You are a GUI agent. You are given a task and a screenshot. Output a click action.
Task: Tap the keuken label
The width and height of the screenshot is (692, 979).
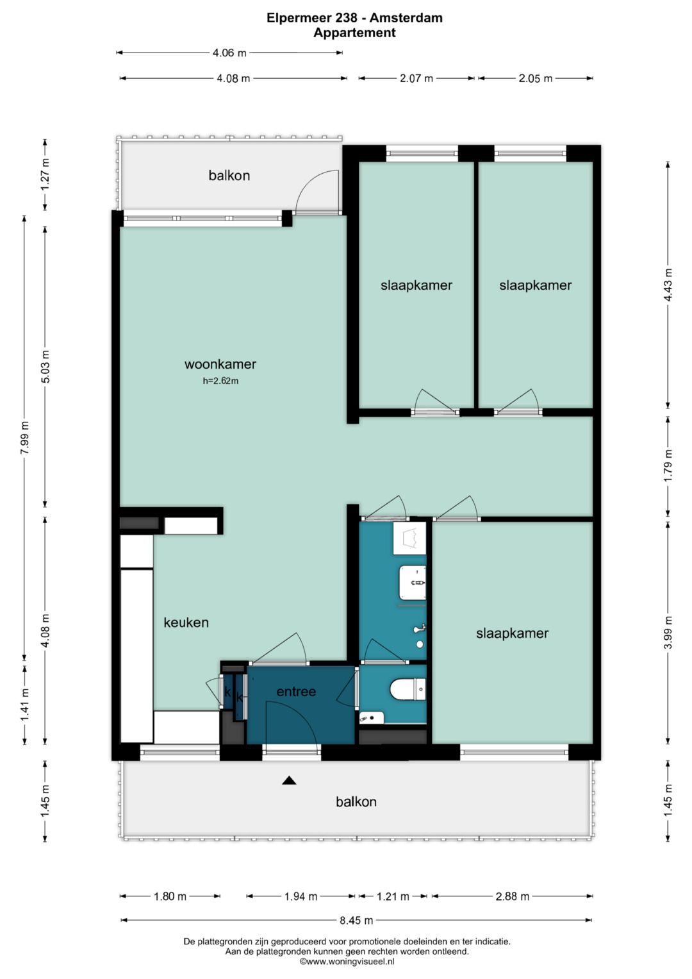pyautogui.click(x=186, y=623)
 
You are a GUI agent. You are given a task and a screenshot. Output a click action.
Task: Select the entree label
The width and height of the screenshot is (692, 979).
pyautogui.click(x=296, y=691)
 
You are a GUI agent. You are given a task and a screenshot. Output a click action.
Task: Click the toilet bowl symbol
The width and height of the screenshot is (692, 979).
pyautogui.click(x=408, y=689)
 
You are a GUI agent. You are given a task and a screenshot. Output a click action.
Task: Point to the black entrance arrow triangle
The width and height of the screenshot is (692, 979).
pyautogui.click(x=289, y=780)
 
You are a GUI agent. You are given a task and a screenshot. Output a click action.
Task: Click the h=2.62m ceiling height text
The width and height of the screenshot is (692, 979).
pyautogui.click(x=220, y=381)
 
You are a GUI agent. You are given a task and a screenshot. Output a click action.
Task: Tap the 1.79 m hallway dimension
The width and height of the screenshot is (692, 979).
pyautogui.click(x=668, y=466)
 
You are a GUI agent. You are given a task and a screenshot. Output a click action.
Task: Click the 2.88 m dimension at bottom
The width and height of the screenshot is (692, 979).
pyautogui.click(x=513, y=897)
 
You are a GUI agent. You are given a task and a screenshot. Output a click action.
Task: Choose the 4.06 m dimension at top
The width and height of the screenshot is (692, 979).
pyautogui.click(x=229, y=53)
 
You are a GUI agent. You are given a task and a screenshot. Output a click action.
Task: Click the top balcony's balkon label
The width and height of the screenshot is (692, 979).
pyautogui.click(x=229, y=176)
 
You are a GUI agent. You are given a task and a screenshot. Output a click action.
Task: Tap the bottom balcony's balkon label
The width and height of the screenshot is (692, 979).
pyautogui.click(x=356, y=801)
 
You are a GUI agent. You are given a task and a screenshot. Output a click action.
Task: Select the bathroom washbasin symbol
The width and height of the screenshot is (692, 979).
pyautogui.click(x=413, y=583)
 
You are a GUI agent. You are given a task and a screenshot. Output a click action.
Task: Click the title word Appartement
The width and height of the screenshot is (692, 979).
pyautogui.click(x=354, y=33)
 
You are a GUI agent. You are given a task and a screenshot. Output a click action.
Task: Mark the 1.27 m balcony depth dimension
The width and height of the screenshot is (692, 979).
pyautogui.click(x=45, y=174)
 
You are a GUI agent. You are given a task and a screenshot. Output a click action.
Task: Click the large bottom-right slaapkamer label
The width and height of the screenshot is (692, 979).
pyautogui.click(x=512, y=633)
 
